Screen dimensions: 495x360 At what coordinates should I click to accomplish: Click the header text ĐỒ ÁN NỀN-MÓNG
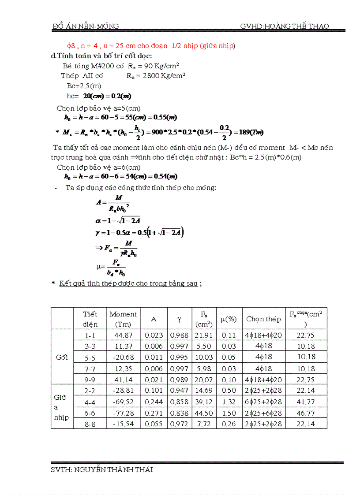(x=86, y=26)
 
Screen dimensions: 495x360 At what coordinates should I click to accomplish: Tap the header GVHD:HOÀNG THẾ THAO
(x=285, y=26)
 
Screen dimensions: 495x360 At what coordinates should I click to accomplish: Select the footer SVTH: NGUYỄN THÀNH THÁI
(x=102, y=470)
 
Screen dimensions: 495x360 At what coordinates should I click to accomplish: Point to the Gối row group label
(x=62, y=357)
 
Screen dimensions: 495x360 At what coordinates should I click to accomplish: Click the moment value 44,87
(x=123, y=335)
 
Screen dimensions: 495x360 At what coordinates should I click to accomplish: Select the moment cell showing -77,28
(x=123, y=413)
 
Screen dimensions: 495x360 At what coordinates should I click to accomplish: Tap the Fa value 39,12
(x=204, y=402)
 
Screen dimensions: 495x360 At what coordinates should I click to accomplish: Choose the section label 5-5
(x=90, y=357)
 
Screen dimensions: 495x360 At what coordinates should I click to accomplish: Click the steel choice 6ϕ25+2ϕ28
(x=263, y=402)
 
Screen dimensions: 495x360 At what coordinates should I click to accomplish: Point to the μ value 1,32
(x=229, y=402)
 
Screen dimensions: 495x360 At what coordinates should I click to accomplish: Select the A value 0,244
(x=154, y=402)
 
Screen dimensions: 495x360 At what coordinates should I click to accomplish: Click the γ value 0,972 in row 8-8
(x=179, y=424)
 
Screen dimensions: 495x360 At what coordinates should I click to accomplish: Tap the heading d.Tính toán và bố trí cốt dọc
(x=102, y=56)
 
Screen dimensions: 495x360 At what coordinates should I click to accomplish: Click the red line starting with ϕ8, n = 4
(x=150, y=46)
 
